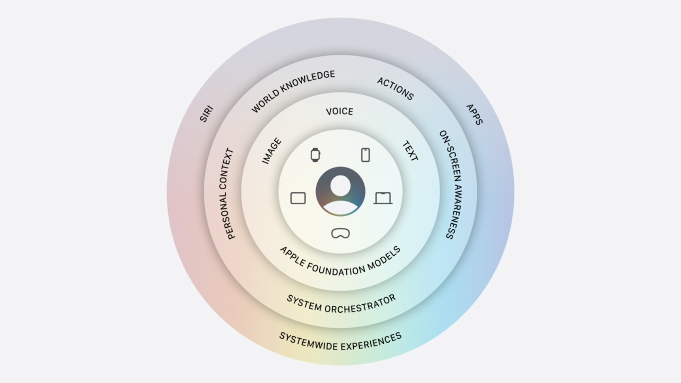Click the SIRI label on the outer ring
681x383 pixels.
206,114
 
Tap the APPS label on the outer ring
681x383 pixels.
474,114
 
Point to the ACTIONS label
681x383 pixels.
395,89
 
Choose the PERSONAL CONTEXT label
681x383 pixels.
230,194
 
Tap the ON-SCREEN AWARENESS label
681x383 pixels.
451,185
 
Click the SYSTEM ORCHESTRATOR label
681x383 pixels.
341,304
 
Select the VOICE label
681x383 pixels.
340,111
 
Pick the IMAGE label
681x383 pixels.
272,151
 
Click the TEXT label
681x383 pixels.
410,151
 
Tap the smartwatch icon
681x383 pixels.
315,155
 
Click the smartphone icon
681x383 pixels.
366,155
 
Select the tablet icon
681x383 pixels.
298,198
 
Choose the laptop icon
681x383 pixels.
383,198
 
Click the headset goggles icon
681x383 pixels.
340,234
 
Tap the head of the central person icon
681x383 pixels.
340,186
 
